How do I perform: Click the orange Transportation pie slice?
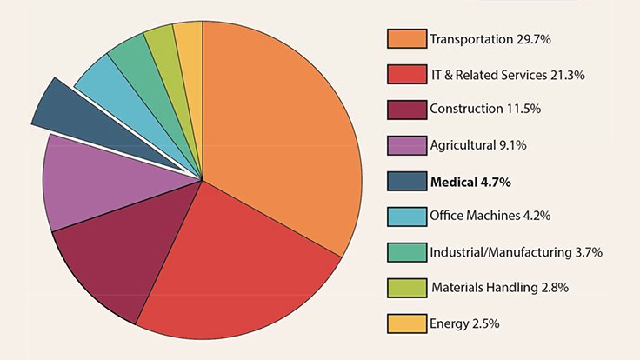click(x=287, y=130)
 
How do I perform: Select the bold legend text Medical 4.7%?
click(x=470, y=182)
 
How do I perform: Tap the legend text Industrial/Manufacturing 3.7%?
click(x=516, y=253)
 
